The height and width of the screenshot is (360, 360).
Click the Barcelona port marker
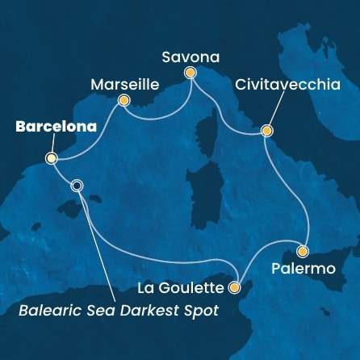click(x=51, y=158)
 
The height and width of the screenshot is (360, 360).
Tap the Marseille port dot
click(x=123, y=101)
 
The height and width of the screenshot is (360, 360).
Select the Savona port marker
click(x=190, y=73)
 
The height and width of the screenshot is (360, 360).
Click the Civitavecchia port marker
click(x=266, y=130)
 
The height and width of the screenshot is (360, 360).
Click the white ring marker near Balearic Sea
click(x=77, y=185)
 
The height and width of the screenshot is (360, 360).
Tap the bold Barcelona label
click(x=51, y=127)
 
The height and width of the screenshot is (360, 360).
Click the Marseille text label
click(x=123, y=83)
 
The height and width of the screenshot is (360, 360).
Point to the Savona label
click(x=190, y=55)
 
